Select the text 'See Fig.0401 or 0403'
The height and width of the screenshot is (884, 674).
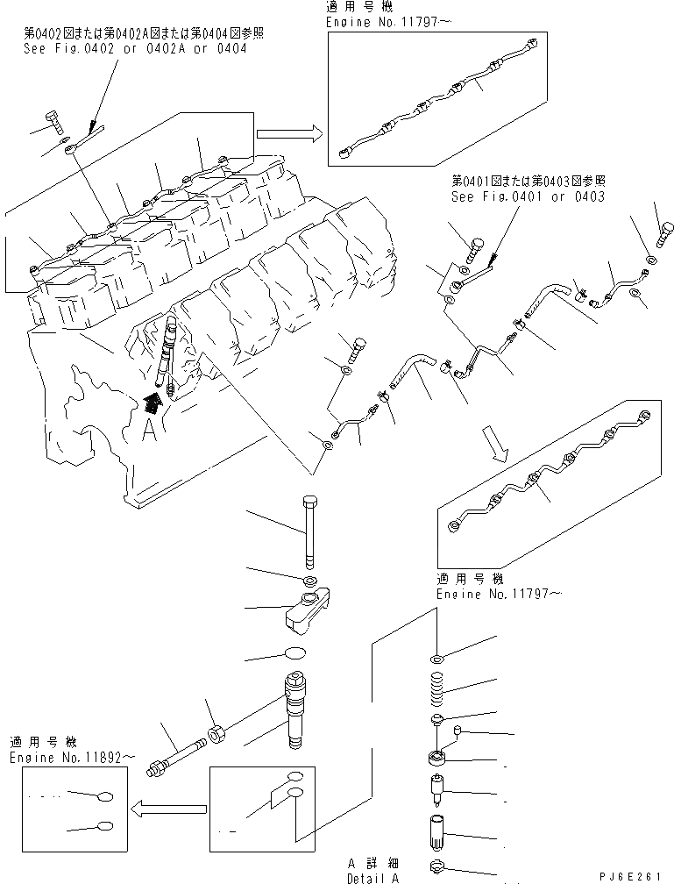[528, 196]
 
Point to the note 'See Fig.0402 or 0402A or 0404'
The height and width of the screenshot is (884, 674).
[135, 49]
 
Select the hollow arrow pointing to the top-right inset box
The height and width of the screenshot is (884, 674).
[286, 132]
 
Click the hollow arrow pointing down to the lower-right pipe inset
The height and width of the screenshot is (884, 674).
[498, 444]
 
